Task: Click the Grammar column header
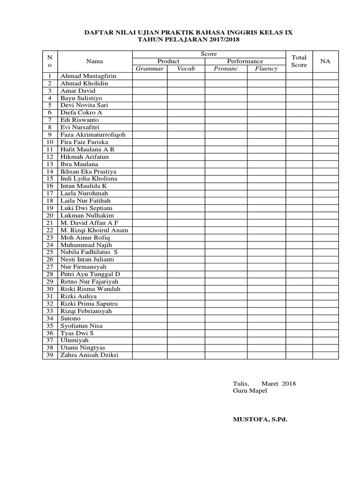coord(150,68)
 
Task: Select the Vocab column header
coord(186,68)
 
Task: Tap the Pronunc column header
coord(226,68)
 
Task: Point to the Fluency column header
coord(266,68)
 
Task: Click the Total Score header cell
coord(299,61)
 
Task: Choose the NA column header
coord(325,61)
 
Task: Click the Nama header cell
coord(94,61)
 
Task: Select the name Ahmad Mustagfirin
coord(88,76)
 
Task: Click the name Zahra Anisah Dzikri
coord(89,355)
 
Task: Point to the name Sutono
coord(70,318)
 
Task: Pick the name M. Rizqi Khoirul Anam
coord(94,230)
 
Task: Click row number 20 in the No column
coord(49,215)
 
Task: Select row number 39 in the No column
coord(49,355)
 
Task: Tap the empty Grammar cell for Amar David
coord(150,90)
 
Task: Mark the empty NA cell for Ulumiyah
coord(325,340)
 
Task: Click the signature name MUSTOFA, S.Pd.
coord(260,419)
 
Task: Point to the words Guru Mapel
coord(250,391)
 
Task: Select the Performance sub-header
coord(245,61)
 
